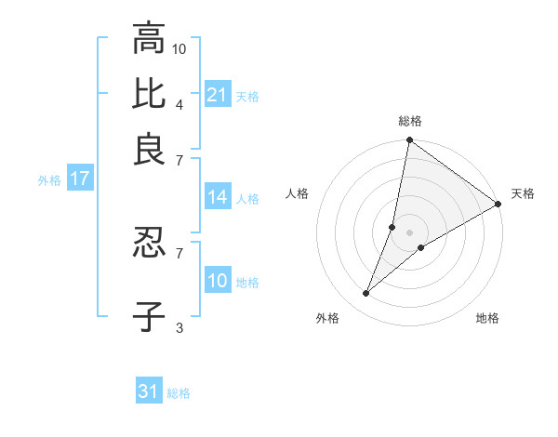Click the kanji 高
tap(149, 39)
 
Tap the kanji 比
tap(149, 94)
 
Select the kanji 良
tap(149, 149)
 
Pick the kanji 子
tap(149, 316)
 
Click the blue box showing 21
tap(218, 95)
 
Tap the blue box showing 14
tap(218, 197)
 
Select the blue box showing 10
tap(218, 281)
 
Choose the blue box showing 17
tap(79, 179)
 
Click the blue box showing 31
tap(149, 391)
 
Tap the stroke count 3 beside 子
tap(179, 326)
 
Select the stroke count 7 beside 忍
tap(179, 252)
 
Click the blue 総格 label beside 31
tap(179, 393)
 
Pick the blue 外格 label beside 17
tap(49, 180)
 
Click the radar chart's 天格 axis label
tap(523, 193)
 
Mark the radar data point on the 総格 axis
tap(409, 141)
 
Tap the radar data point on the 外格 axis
tap(365, 294)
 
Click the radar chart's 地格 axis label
tap(487, 318)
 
